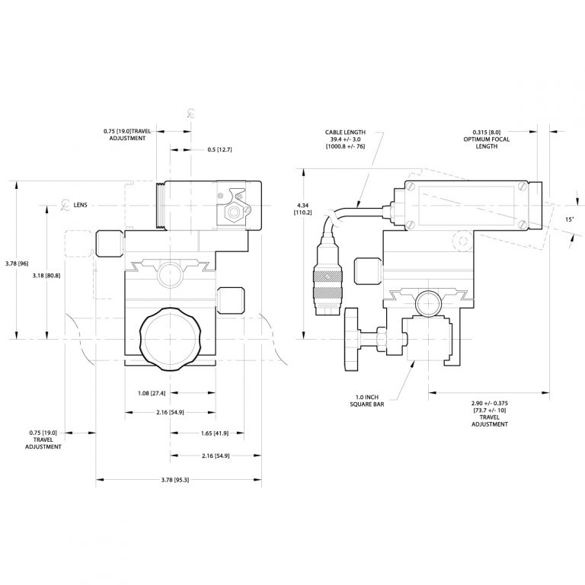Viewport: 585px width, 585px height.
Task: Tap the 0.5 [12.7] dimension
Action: pyautogui.click(x=219, y=149)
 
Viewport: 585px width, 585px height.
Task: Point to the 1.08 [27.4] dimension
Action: pyautogui.click(x=147, y=393)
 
